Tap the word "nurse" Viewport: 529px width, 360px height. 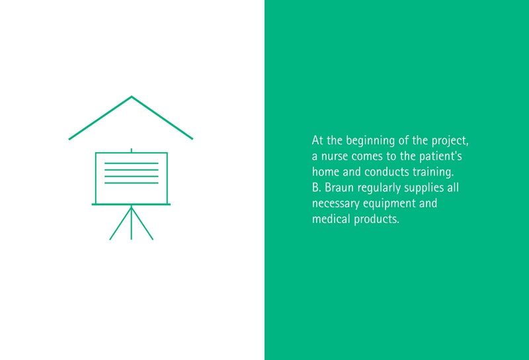point(334,156)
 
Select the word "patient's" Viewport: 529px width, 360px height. point(440,156)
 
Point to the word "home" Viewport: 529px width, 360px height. point(325,171)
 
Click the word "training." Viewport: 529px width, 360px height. point(433,172)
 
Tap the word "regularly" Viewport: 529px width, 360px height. point(379,188)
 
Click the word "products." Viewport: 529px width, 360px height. point(376,220)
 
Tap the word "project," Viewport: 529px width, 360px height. point(450,140)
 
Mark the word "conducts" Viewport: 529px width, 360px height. point(387,172)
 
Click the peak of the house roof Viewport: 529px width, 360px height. point(132,97)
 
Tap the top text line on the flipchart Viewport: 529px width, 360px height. point(131,163)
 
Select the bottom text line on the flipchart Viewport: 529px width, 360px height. point(131,183)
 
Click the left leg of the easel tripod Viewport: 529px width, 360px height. point(120,223)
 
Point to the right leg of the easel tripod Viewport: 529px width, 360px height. point(142,223)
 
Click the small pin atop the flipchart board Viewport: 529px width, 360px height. point(131,151)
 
